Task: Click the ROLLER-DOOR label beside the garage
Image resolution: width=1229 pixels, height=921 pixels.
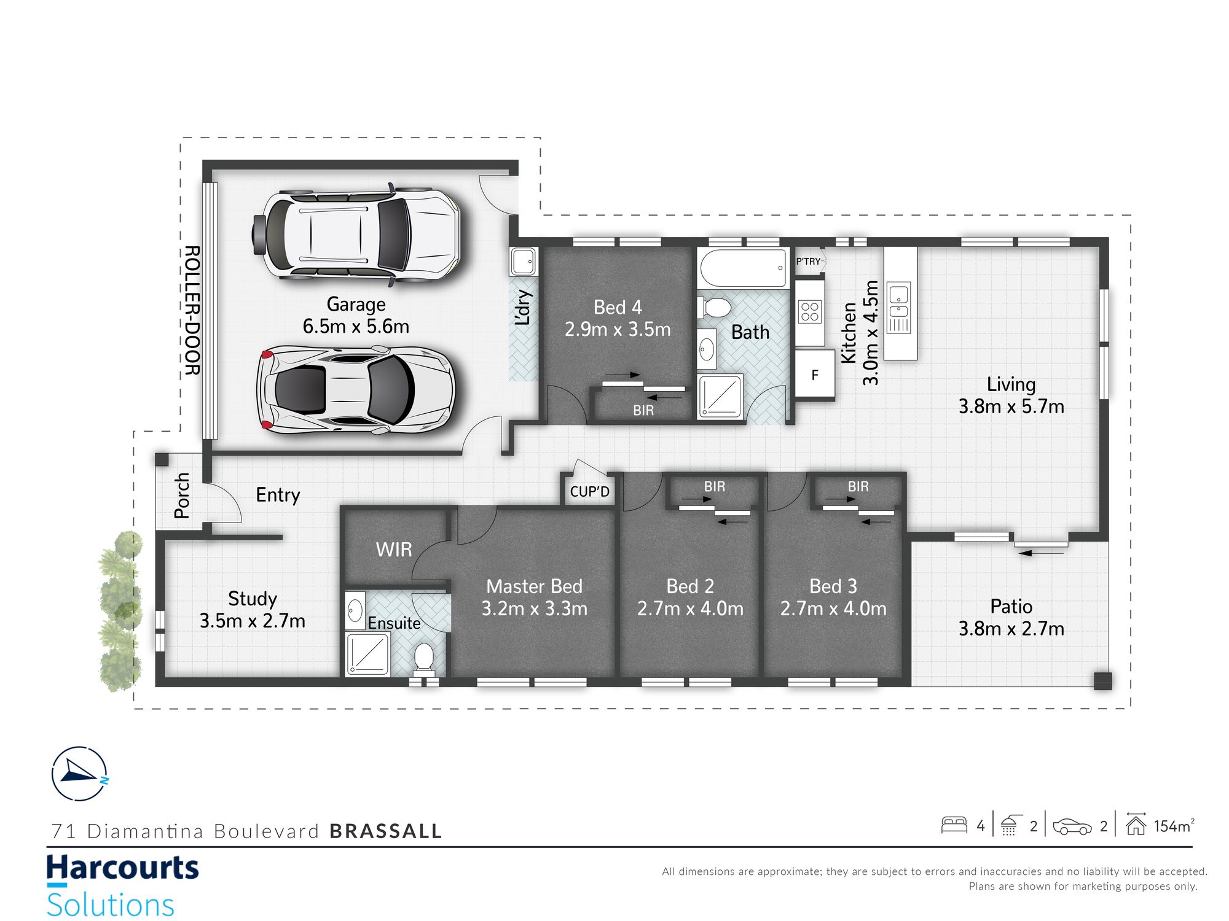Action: (x=192, y=311)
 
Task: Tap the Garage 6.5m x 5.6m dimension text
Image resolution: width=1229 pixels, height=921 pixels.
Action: (x=356, y=315)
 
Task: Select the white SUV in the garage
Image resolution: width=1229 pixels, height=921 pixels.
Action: (x=356, y=234)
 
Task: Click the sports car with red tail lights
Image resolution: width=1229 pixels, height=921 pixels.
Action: (x=356, y=390)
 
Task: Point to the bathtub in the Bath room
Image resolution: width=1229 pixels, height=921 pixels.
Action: (x=744, y=268)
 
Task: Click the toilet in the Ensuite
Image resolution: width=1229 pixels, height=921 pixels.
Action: (x=424, y=658)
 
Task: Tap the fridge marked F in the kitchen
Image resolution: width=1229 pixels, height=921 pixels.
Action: (x=815, y=375)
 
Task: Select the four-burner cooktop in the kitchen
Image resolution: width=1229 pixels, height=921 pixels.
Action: (x=810, y=312)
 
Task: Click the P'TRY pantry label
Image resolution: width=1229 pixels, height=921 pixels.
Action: (x=808, y=262)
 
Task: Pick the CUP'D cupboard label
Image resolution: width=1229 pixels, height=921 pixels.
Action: (x=589, y=492)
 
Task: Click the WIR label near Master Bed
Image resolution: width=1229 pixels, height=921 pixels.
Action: (x=394, y=550)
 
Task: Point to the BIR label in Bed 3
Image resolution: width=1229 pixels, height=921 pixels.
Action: (x=858, y=487)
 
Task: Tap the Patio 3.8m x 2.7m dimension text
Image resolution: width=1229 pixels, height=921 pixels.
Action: (x=1011, y=618)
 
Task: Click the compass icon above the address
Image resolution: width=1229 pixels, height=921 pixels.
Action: (x=80, y=774)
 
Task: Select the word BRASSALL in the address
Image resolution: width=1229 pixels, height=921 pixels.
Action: (x=386, y=831)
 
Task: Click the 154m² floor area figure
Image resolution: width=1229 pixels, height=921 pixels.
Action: (x=1174, y=826)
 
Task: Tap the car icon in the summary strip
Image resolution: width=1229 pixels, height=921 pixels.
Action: (x=1072, y=826)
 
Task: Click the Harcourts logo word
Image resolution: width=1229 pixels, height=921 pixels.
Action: (x=123, y=869)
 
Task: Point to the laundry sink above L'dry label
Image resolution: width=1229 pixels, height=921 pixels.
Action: (x=524, y=262)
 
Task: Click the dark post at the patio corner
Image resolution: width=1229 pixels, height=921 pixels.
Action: (x=1103, y=681)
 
